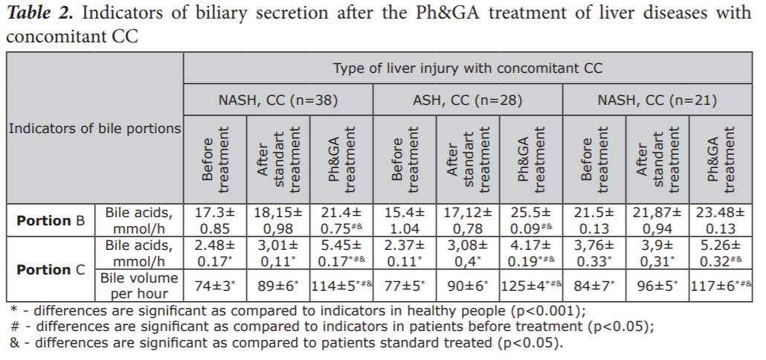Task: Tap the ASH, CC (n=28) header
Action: pos(467,100)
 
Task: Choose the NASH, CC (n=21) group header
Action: pos(658,100)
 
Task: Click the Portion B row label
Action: pos(51,221)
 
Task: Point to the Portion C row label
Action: pos(51,269)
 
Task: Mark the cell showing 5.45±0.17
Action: pos(340,253)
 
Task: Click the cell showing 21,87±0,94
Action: pos(658,221)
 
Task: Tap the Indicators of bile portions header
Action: pos(94,129)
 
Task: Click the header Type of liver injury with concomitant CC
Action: pos(467,68)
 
